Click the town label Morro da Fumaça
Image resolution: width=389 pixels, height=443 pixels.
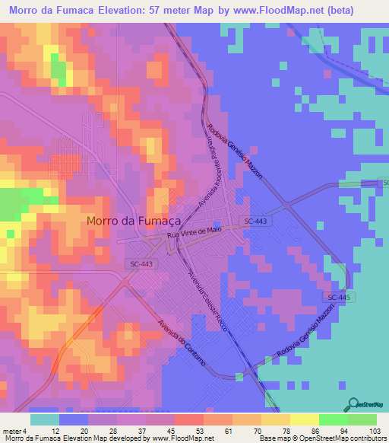[x=133, y=221]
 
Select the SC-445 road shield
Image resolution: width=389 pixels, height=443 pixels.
[x=334, y=297]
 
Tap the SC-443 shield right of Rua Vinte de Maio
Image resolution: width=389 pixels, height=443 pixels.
[x=256, y=221]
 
